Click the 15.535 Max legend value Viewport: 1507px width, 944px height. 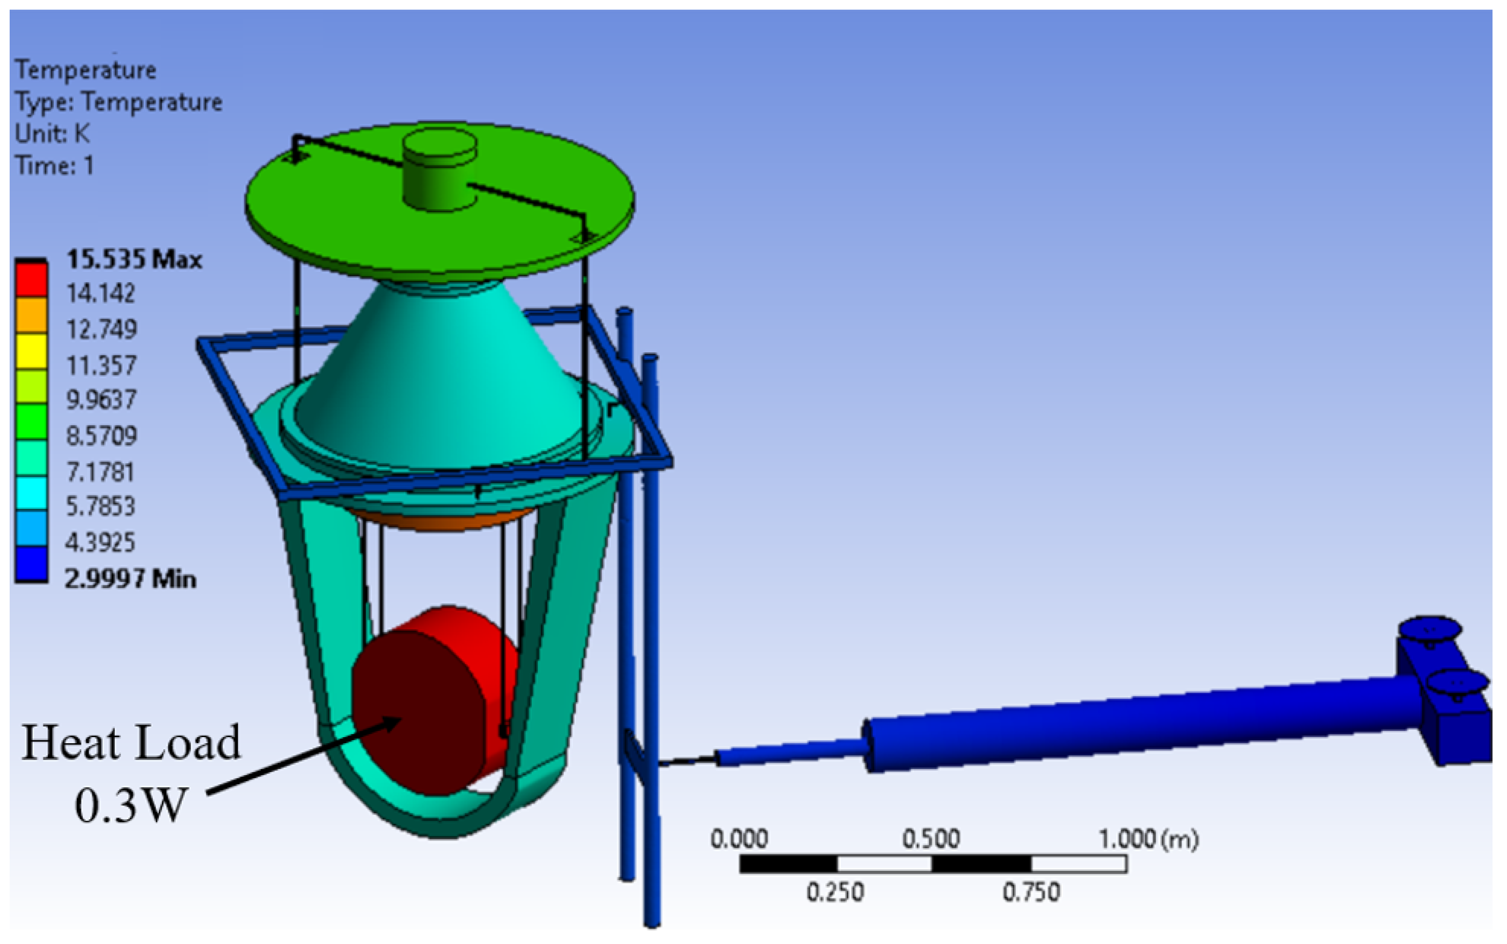[x=134, y=259]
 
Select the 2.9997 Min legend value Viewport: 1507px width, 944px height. [x=130, y=578]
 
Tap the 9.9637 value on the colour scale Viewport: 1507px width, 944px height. [x=101, y=399]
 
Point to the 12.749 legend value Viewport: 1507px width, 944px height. [x=101, y=329]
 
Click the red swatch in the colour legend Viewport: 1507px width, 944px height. [x=31, y=280]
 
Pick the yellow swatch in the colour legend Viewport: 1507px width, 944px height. [x=31, y=352]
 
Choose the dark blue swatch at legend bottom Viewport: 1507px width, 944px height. [x=31, y=564]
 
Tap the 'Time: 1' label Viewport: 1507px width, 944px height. [x=55, y=165]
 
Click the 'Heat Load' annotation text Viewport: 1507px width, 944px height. [x=131, y=743]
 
